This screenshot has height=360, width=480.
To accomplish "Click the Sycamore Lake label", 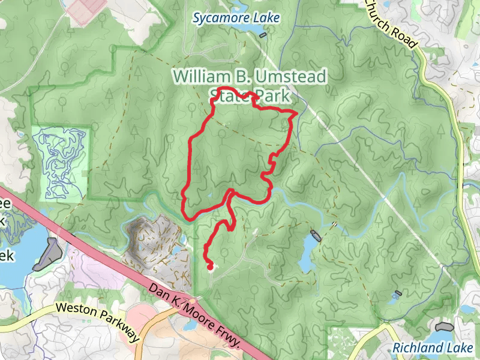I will click(236, 18).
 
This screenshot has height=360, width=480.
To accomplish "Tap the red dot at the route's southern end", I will click(210, 266).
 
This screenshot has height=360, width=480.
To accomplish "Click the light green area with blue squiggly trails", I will click(60, 162).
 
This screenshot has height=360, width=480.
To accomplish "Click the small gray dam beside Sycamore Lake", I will click(263, 35).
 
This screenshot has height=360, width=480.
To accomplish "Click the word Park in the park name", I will click(273, 95).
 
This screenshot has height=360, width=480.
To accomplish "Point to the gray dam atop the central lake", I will click(315, 235).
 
